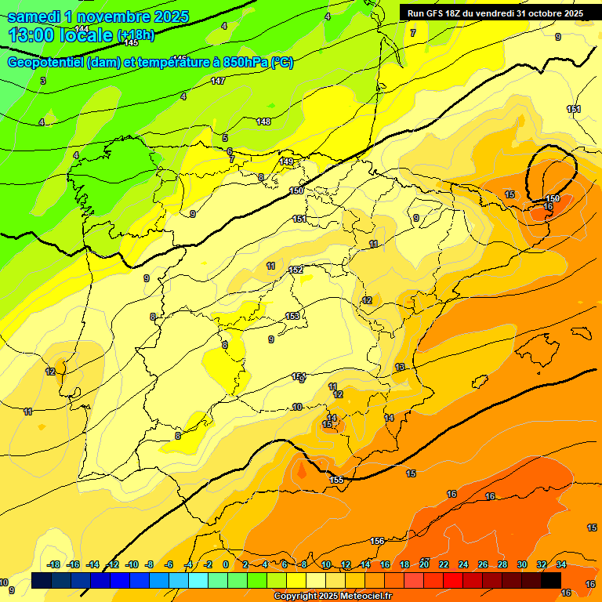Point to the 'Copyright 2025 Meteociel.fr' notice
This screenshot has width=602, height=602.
click(x=332, y=597)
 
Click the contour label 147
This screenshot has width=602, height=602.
click(x=217, y=81)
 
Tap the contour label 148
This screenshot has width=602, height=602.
click(x=263, y=121)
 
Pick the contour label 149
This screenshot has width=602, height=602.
click(x=286, y=161)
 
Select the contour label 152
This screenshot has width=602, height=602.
click(x=296, y=270)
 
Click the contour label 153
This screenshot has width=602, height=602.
click(x=292, y=316)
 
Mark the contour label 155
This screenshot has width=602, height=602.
click(x=336, y=480)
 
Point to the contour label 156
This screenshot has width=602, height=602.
click(x=377, y=541)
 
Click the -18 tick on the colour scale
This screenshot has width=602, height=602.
click(x=54, y=564)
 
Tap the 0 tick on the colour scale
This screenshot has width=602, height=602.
click(x=226, y=564)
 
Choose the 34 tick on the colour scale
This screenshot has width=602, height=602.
click(x=561, y=564)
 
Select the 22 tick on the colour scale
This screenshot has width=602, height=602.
click(x=444, y=564)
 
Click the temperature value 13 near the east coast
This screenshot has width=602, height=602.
click(x=400, y=367)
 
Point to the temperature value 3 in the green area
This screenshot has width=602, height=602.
click(x=43, y=81)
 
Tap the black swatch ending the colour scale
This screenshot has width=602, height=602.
click(x=551, y=581)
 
